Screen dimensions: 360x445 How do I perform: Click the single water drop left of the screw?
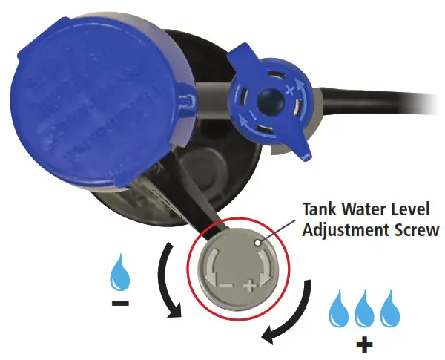click(x=119, y=275)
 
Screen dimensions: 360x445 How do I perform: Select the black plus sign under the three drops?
click(x=363, y=344)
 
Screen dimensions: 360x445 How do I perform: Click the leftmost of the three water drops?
click(x=340, y=310)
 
